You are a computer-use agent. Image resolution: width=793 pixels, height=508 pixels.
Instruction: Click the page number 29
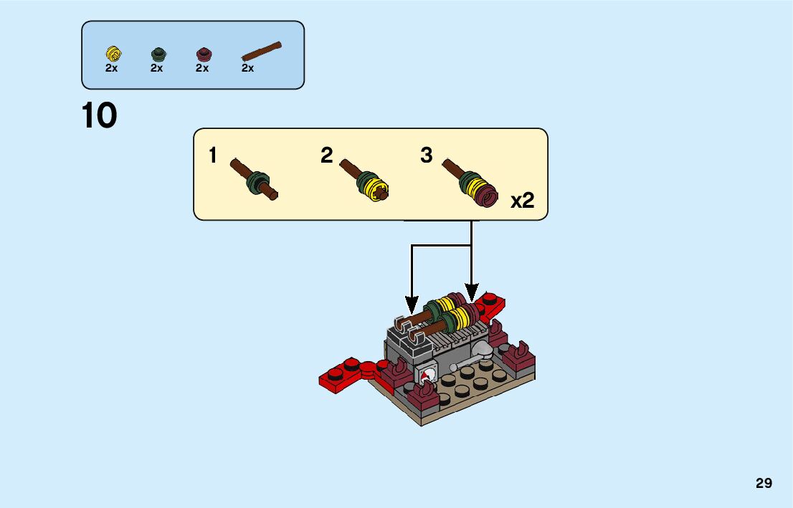click(764, 484)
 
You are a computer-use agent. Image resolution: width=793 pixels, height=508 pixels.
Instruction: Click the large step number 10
click(100, 116)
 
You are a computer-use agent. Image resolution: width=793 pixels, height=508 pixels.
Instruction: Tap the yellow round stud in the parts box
click(113, 53)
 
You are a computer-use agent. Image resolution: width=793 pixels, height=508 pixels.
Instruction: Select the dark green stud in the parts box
click(158, 53)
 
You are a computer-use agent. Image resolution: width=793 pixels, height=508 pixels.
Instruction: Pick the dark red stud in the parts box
click(204, 53)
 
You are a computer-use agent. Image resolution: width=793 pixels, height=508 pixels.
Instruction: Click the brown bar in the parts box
click(262, 51)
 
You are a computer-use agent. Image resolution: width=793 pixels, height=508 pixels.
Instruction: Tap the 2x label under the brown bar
click(247, 69)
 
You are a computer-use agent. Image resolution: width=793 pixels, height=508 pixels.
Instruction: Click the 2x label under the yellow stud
click(111, 69)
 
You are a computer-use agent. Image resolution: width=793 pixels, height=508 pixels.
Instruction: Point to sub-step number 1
click(213, 155)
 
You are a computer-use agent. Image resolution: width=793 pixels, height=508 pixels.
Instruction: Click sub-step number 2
click(327, 155)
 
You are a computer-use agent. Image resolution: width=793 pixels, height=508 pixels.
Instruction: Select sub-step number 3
click(427, 155)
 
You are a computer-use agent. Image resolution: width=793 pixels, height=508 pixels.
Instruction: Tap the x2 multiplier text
click(523, 201)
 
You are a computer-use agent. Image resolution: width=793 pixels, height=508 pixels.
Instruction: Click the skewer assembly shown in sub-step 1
click(255, 180)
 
